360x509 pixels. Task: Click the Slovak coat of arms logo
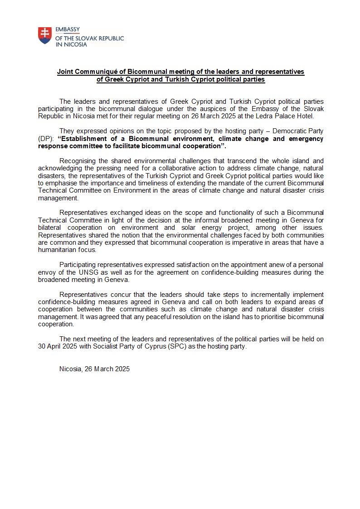pyautogui.click(x=44, y=35)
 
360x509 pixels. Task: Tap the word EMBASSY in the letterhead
pyautogui.click(x=68, y=30)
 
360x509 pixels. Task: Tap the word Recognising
pyautogui.click(x=78, y=161)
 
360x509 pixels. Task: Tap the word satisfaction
pyautogui.click(x=176, y=265)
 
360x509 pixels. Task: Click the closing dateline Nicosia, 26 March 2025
pyautogui.click(x=94, y=369)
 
